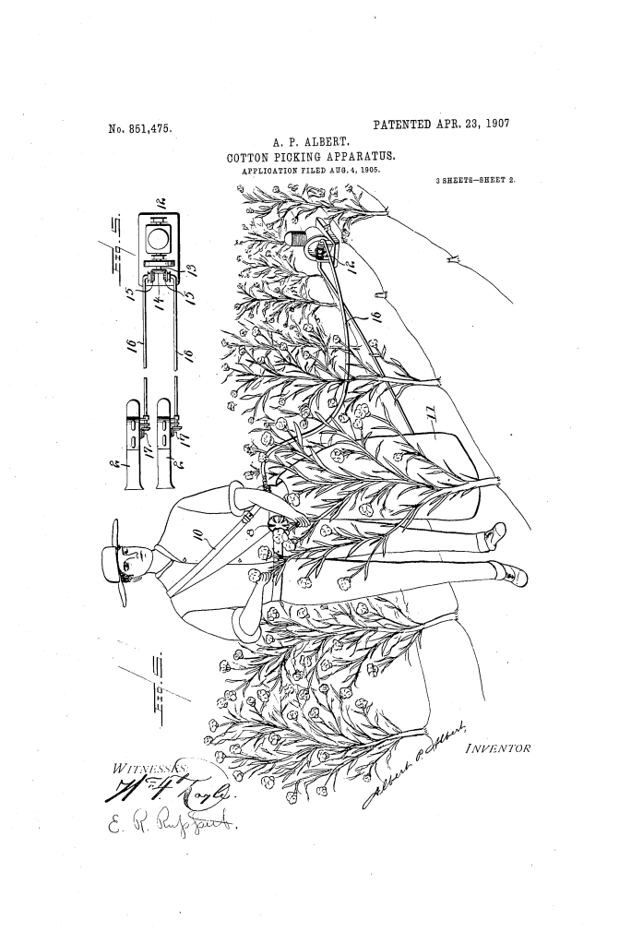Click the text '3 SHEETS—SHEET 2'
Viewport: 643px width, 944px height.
(x=474, y=180)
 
